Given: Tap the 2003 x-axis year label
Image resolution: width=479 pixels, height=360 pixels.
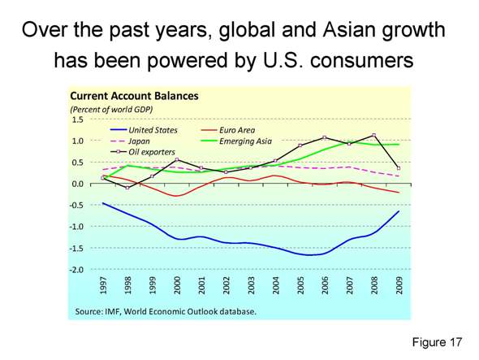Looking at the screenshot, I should pyautogui.click(x=252, y=286).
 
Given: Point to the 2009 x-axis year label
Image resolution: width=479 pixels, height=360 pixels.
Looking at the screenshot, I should pyautogui.click(x=399, y=286).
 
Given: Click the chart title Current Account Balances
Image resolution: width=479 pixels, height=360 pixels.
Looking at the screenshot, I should pyautogui.click(x=135, y=96).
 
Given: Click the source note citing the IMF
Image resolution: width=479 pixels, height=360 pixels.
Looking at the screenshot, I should pyautogui.click(x=166, y=311).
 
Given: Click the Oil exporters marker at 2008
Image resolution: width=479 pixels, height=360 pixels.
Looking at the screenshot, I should pyautogui.click(x=373, y=136).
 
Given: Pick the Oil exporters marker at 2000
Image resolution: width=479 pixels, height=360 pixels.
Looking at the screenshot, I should pyautogui.click(x=178, y=160).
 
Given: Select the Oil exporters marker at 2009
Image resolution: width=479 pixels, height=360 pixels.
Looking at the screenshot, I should pyautogui.click(x=398, y=168).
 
